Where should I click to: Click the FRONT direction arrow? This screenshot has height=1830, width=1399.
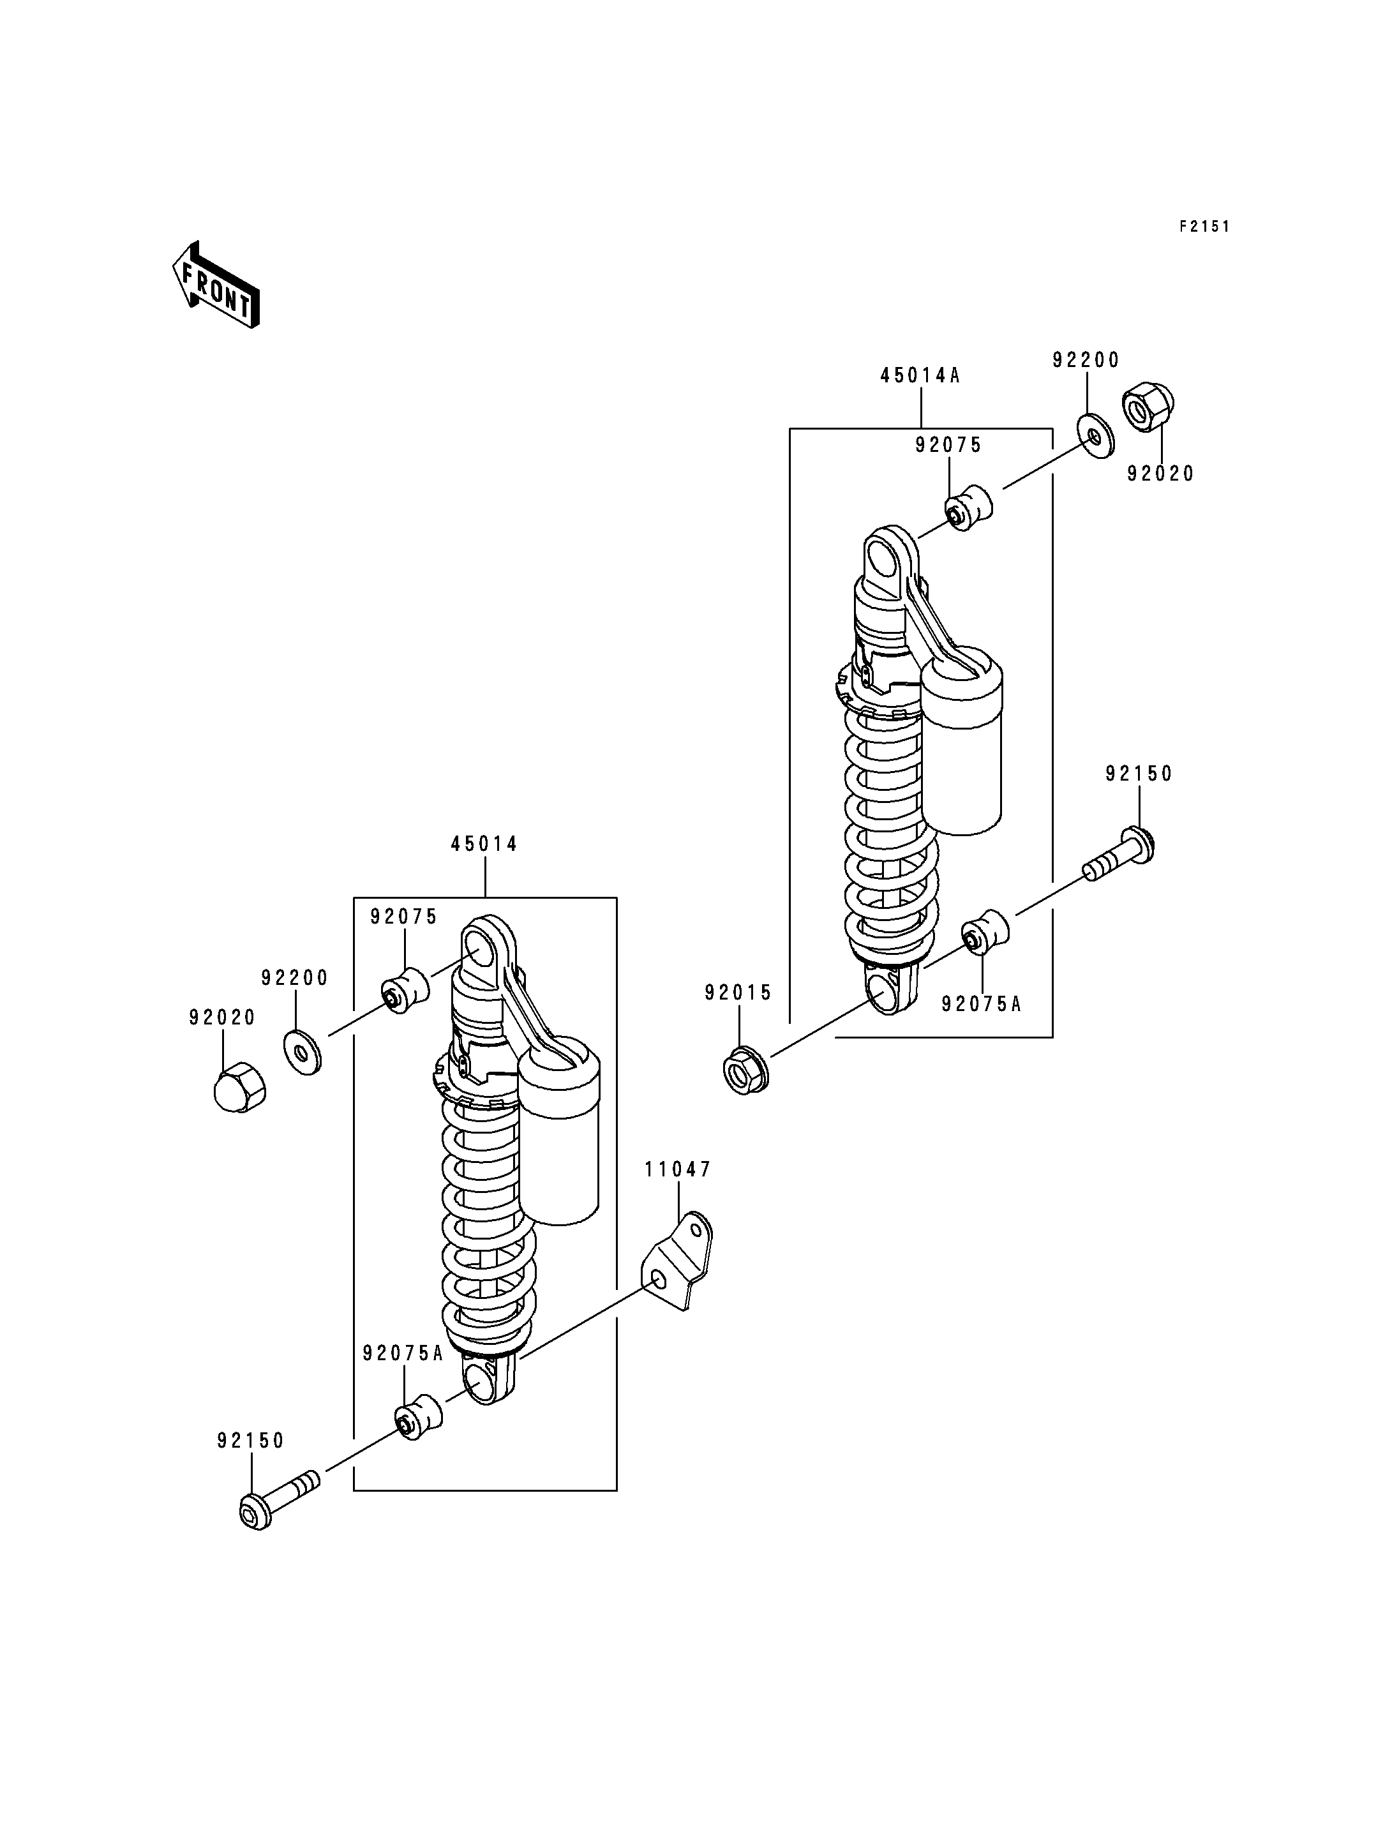point(216,285)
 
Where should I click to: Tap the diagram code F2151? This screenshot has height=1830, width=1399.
point(1204,227)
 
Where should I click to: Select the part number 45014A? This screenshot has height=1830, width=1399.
point(920,376)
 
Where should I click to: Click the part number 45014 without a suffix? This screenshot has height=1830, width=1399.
point(484,844)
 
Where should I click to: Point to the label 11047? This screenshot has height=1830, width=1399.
point(678,1169)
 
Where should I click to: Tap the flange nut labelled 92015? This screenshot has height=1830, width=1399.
point(747,1070)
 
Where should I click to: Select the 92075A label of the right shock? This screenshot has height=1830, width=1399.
point(981,1003)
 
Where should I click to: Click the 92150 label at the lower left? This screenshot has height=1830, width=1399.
point(251,1440)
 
